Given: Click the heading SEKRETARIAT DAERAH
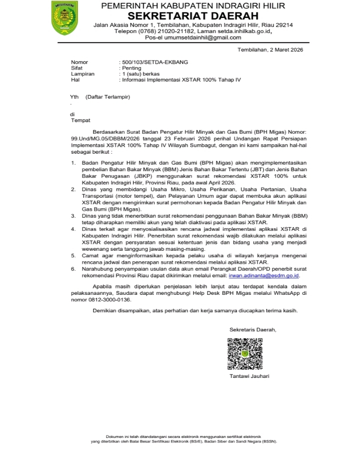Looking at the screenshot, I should (193, 16).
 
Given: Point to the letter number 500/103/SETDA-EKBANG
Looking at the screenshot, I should (148, 62).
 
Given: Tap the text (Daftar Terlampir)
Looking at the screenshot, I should (107, 96).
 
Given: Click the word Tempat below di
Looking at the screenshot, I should (80, 121).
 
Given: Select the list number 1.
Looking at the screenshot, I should (73, 163).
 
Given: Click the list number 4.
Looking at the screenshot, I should (73, 229).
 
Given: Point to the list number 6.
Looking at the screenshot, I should (73, 269).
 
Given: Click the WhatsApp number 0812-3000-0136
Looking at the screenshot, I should (105, 300).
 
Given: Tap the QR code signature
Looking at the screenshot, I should (245, 353).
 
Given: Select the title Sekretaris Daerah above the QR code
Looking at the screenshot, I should (252, 330).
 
